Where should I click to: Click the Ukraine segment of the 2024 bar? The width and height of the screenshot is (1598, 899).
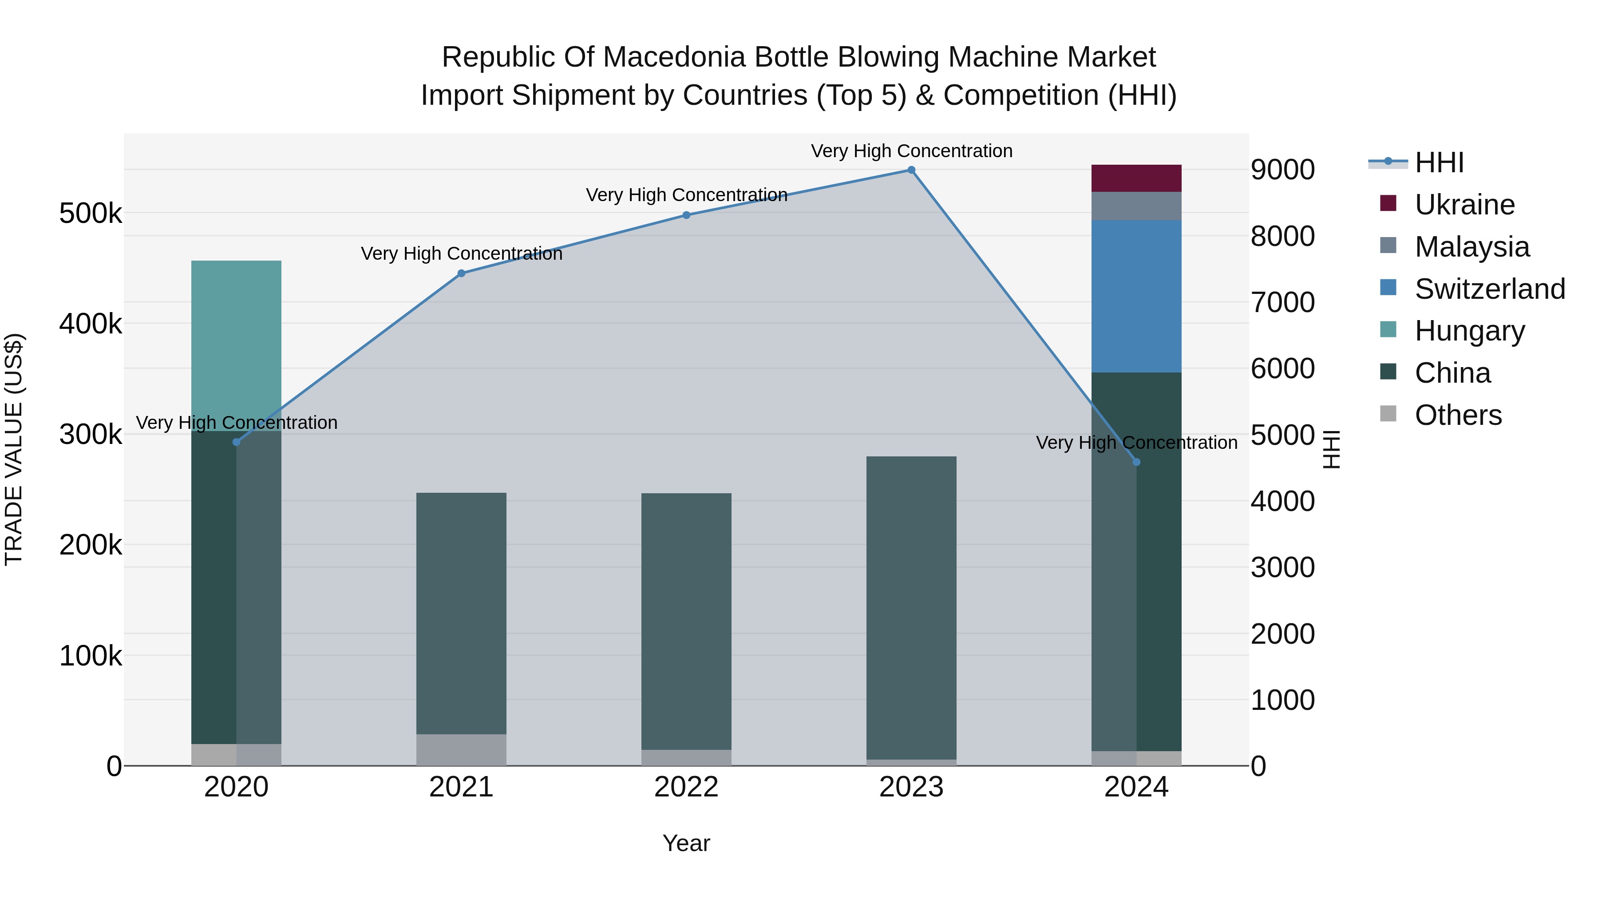point(1136,178)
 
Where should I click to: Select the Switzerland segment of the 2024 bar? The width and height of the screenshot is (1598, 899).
point(1136,296)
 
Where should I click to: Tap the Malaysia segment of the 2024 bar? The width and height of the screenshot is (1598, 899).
point(1136,206)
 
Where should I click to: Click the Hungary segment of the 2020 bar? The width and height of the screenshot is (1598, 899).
point(236,345)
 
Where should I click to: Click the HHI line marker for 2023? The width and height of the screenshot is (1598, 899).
point(911,170)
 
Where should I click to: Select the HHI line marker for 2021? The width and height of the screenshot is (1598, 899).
point(461,273)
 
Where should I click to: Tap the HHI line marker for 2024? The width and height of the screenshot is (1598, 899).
point(1136,462)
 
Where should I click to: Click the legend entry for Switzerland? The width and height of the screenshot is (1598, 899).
point(1489,289)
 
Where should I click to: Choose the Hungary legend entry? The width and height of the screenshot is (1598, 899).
point(1469,331)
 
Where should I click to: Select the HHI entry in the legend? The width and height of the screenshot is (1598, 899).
point(1439,162)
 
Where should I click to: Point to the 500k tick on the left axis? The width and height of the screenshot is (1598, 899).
point(91,214)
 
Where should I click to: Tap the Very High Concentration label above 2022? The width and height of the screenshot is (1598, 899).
point(686,195)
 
